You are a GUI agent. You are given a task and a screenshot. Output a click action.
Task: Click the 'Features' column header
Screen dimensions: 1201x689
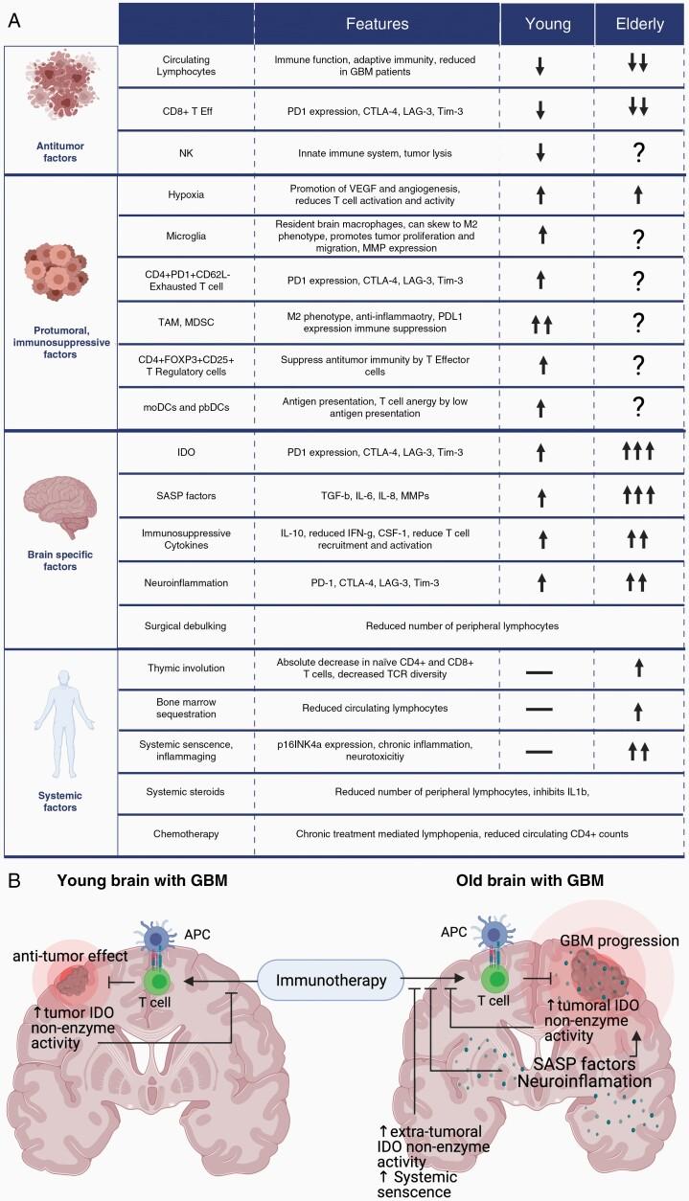pos(377,23)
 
